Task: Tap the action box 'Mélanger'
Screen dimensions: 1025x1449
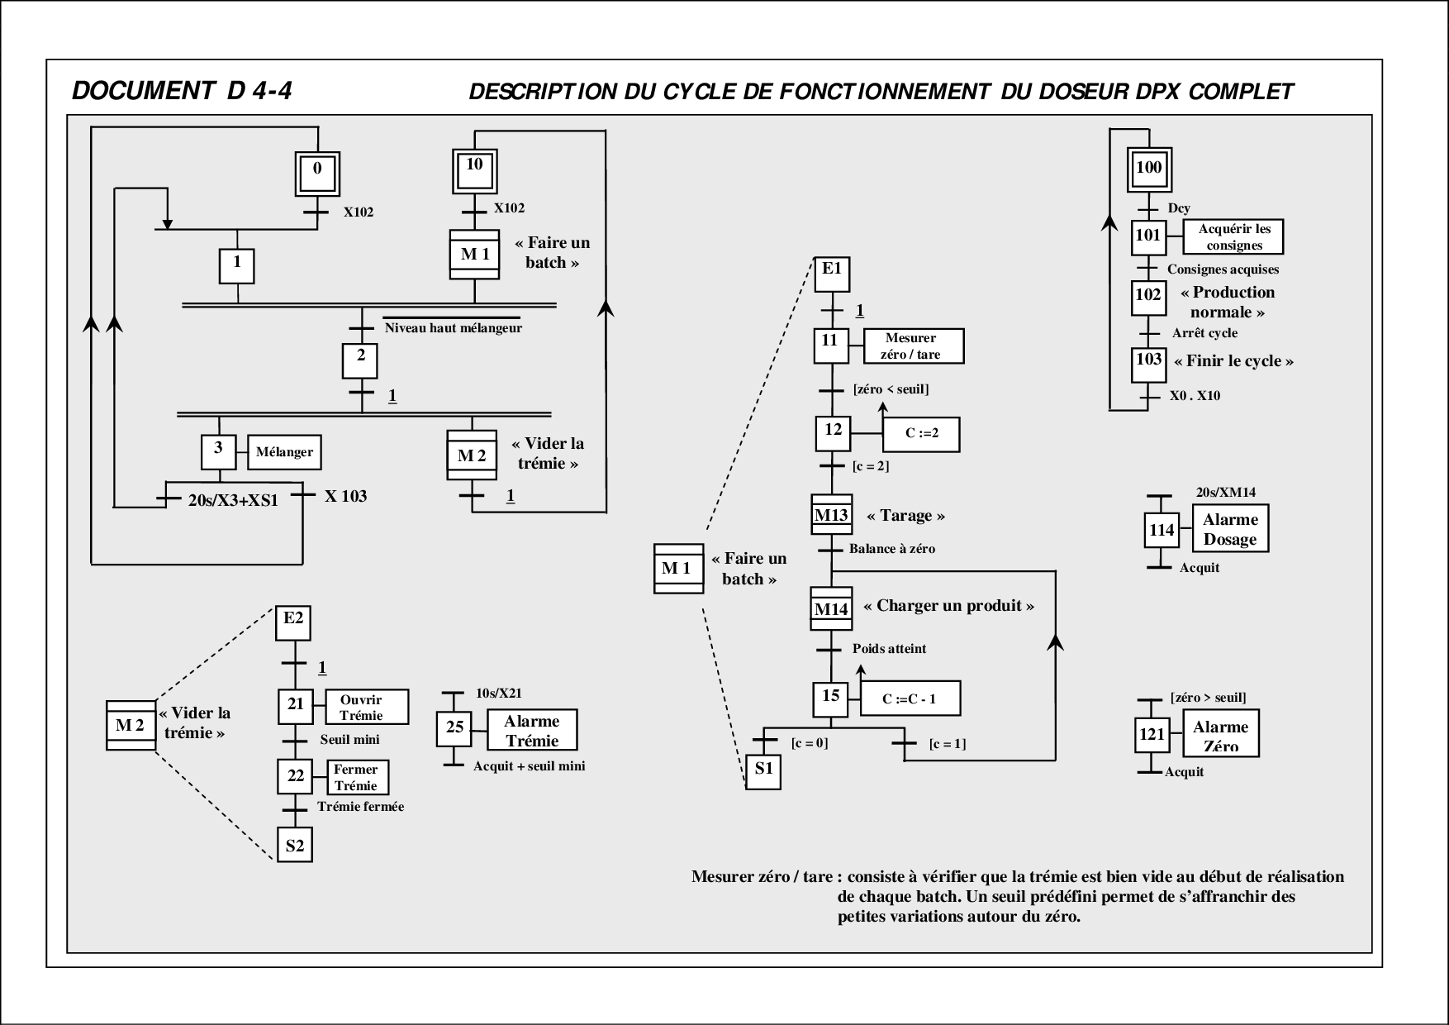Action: pyautogui.click(x=285, y=452)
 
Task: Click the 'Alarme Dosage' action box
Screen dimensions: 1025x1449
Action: pyautogui.click(x=1229, y=530)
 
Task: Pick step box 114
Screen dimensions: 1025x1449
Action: pyautogui.click(x=1161, y=531)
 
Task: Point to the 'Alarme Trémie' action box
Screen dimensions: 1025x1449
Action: pyautogui.click(x=531, y=731)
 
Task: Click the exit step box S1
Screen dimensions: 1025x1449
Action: pyautogui.click(x=763, y=771)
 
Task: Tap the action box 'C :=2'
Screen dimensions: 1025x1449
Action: pyautogui.click(x=921, y=434)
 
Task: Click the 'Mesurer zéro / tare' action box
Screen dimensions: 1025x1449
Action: pyautogui.click(x=913, y=346)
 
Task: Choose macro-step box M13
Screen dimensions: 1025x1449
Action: pyautogui.click(x=832, y=516)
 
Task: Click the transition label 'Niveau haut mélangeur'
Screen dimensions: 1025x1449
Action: pyautogui.click(x=454, y=328)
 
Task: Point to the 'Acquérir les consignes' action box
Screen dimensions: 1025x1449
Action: pyautogui.click(x=1233, y=237)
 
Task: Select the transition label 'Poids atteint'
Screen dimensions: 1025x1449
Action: pyautogui.click(x=889, y=649)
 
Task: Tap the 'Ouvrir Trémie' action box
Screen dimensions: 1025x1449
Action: pyautogui.click(x=367, y=708)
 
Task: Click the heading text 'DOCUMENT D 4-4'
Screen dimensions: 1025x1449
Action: pyautogui.click(x=182, y=90)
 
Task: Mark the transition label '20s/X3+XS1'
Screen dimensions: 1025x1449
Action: pyautogui.click(x=233, y=499)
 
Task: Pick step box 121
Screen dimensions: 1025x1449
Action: pyautogui.click(x=1152, y=735)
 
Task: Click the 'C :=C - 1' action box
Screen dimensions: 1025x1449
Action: pyautogui.click(x=910, y=699)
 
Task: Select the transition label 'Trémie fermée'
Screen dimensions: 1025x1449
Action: pyautogui.click(x=361, y=807)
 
